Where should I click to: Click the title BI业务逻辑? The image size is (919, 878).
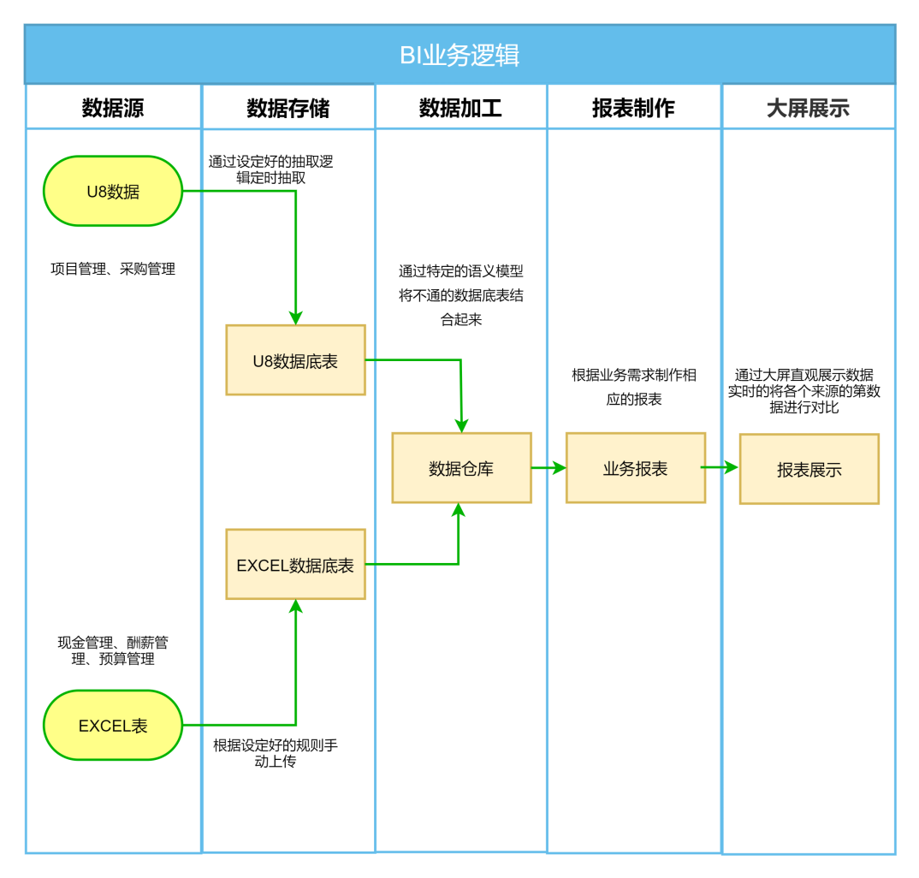459,56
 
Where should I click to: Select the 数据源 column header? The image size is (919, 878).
113,108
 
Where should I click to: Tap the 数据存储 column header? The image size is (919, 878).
288,108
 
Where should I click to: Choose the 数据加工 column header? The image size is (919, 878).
460,108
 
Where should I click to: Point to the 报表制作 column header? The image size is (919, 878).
633,108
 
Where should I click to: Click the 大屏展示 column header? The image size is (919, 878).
808,108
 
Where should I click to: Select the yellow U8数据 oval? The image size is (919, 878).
113,192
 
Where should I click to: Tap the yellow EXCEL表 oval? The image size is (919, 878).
113,726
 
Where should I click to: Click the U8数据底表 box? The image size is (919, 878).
295,360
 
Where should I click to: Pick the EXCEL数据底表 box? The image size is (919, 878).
295,565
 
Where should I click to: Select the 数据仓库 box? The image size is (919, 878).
461,468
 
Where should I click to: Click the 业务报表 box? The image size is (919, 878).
635,468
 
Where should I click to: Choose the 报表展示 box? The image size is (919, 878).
809,469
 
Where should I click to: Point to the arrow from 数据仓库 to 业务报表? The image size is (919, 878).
548,467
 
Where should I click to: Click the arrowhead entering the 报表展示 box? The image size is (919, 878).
731,467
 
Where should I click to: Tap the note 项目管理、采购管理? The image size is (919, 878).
113,269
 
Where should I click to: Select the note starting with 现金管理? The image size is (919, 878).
113,650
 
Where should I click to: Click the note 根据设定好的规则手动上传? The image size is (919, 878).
276,753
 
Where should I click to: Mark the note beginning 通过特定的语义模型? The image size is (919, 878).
461,295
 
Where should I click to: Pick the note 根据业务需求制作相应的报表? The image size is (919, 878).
634,387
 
